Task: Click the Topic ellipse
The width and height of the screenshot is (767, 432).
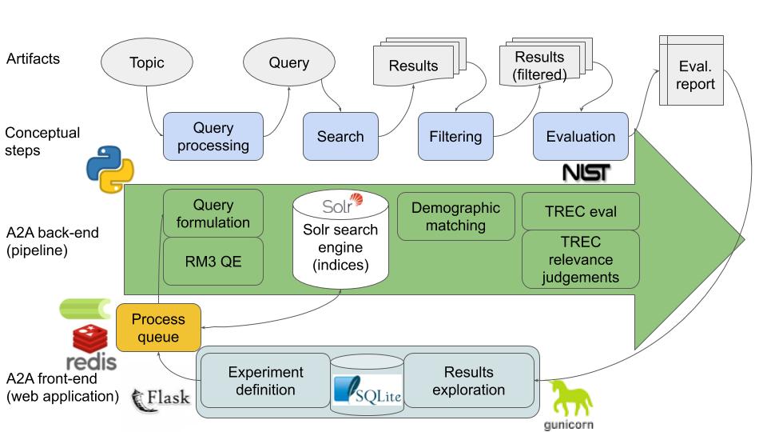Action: tap(147, 62)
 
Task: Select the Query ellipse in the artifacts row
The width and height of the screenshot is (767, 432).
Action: tap(289, 62)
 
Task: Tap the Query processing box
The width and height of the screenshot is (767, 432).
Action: tap(213, 137)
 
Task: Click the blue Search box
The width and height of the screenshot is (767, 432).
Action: tap(340, 137)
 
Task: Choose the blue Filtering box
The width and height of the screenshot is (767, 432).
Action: tap(455, 137)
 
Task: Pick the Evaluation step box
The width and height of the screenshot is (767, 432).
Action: tap(581, 137)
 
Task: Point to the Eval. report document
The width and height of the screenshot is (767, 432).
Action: tap(691, 70)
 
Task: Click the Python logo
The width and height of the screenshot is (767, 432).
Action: tap(110, 169)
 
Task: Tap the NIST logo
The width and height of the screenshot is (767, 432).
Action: tap(586, 173)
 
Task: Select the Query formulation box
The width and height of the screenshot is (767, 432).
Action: tap(213, 214)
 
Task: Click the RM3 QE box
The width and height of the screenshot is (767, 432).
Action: tap(213, 262)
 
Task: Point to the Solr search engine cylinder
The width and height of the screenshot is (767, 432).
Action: tap(340, 239)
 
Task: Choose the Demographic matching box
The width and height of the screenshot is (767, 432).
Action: tap(456, 217)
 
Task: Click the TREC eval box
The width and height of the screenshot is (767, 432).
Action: tap(581, 211)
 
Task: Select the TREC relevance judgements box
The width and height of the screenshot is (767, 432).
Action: tap(581, 259)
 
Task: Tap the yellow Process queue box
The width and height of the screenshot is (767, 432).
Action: tap(158, 328)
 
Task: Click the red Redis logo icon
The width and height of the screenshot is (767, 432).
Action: tap(90, 338)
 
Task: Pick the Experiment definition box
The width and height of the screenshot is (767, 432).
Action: tap(265, 381)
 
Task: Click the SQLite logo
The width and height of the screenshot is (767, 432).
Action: tap(368, 390)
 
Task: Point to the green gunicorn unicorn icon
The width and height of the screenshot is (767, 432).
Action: tap(570, 400)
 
